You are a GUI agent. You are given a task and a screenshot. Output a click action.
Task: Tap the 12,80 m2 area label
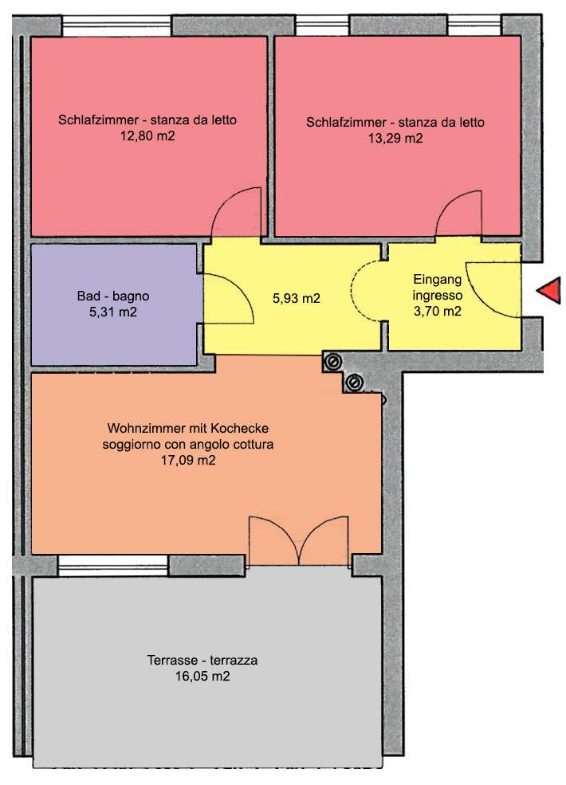pos(147,135)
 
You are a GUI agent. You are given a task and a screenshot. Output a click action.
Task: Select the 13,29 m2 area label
pos(395,138)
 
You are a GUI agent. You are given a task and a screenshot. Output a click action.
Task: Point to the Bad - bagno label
pos(113,296)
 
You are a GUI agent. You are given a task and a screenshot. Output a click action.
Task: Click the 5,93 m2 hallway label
pos(296,298)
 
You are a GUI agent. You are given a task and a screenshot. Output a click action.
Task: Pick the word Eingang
pos(437,280)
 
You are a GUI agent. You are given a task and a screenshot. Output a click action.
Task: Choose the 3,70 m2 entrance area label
pos(438,311)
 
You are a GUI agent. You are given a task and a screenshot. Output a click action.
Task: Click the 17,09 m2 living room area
pos(188,460)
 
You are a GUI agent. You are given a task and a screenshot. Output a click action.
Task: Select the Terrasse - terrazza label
pos(202,661)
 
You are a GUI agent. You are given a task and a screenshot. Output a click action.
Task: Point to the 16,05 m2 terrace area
pos(202,677)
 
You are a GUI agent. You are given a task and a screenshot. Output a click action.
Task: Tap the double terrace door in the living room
pos(299,540)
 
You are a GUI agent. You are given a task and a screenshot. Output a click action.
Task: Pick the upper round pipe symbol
pos(332,362)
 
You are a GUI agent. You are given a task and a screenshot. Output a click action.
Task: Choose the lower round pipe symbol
pos(354,383)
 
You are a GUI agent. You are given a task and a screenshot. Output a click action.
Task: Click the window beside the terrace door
pos(112,565)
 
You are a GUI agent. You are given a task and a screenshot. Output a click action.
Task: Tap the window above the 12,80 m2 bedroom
pos(116,25)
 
